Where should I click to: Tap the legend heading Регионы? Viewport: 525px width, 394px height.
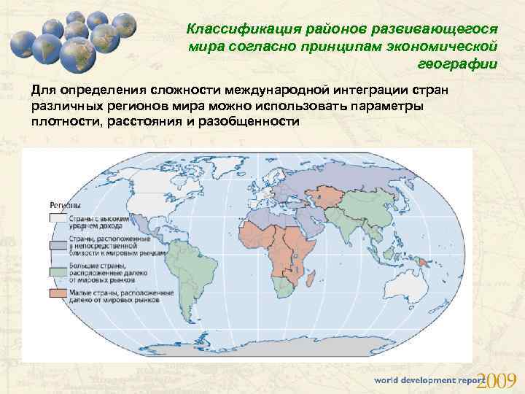click(65, 205)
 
